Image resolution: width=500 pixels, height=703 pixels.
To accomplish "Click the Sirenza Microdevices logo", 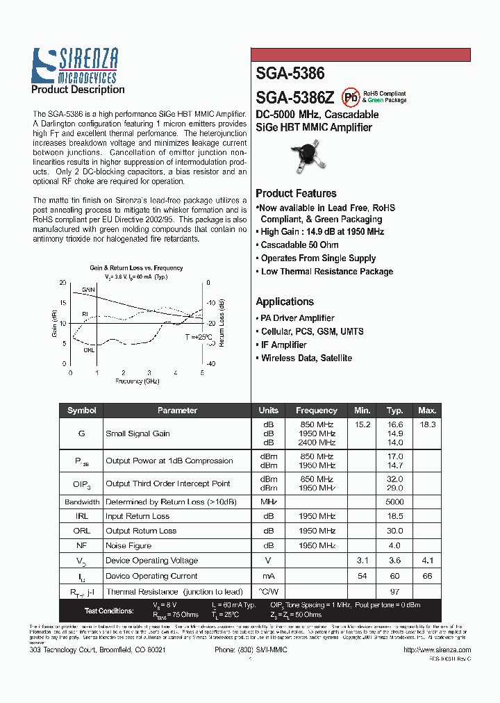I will [76, 66].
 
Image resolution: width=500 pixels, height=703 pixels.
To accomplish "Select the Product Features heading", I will [296, 194].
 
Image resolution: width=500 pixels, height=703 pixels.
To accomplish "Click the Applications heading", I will [285, 301].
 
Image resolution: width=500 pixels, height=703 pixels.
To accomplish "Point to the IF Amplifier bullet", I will [283, 345].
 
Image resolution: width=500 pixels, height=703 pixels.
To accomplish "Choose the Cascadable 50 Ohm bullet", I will [299, 245].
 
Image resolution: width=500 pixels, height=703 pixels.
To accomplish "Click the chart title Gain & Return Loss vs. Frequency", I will [136, 268].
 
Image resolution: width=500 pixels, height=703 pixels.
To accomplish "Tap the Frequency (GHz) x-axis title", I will [137, 381].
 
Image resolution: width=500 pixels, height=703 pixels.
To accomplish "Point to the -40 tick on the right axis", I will [211, 363].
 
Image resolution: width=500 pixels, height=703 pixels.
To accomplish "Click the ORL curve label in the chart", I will [89, 349].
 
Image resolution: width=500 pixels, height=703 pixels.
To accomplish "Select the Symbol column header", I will [81, 411].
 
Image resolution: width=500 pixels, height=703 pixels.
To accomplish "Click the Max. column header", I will [427, 411].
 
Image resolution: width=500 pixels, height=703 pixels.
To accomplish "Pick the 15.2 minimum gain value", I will [362, 424].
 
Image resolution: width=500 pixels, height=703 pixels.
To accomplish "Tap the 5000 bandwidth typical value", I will [394, 502].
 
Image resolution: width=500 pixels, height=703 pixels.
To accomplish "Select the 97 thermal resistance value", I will [394, 591].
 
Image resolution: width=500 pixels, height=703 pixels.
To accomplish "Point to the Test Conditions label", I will [109, 611].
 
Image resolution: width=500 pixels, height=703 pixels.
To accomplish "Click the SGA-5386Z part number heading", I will [294, 97].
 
